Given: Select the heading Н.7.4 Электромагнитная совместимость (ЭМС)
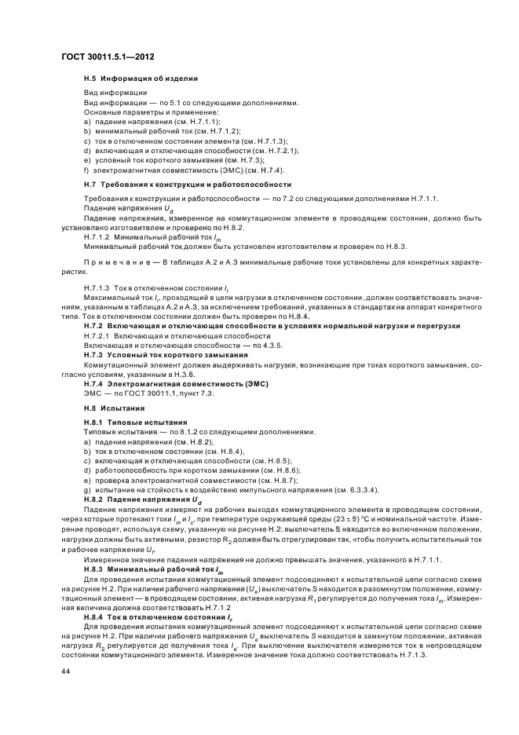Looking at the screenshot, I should point(173,382).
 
